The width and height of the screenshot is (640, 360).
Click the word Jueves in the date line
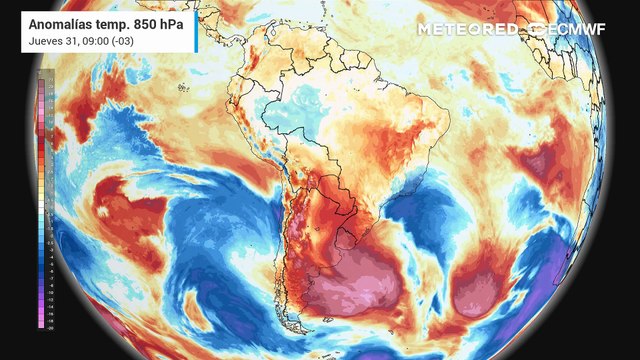pos(46,40)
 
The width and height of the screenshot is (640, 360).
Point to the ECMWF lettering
pos(579,29)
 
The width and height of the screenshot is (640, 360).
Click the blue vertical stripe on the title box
pos(196,31)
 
